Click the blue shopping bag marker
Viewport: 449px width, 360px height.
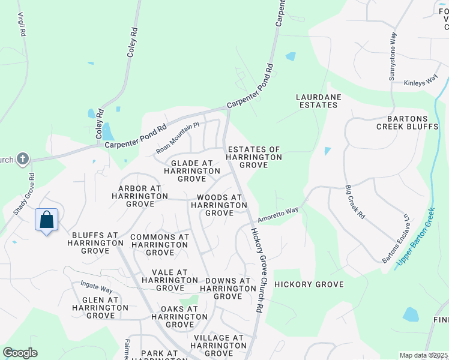pyautogui.click(x=47, y=220)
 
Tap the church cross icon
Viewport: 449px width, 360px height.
pyautogui.click(x=23, y=159)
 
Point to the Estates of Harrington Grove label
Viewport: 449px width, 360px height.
pyautogui.click(x=253, y=157)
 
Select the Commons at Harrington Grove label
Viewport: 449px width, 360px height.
pyautogui.click(x=160, y=245)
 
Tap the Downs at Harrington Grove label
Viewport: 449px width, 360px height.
pyautogui.click(x=228, y=289)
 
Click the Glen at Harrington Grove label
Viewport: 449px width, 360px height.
pyautogui.click(x=100, y=308)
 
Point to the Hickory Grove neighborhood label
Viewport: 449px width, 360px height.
pyautogui.click(x=309, y=284)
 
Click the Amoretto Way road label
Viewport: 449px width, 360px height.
pyautogui.click(x=278, y=213)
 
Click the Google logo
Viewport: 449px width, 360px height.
pyautogui.click(x=20, y=353)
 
